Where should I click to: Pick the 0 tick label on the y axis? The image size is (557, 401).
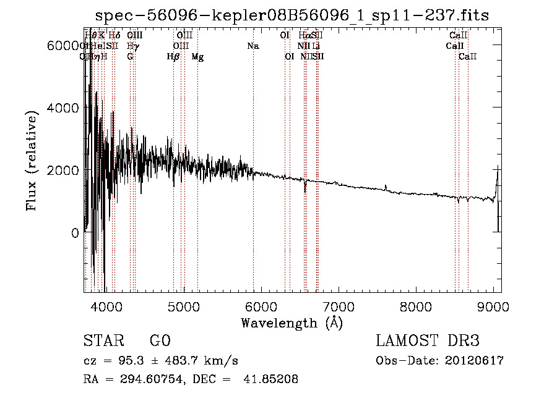click(x=74, y=233)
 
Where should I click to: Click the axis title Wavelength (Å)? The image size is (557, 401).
click(x=292, y=323)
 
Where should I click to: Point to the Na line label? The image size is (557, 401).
click(x=253, y=46)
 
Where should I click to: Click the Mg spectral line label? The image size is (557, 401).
click(x=197, y=57)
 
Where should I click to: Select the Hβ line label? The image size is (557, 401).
click(x=173, y=57)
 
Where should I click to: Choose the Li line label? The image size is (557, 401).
click(x=316, y=46)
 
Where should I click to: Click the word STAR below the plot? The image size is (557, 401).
click(x=103, y=341)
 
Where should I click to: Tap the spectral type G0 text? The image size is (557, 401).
click(x=160, y=341)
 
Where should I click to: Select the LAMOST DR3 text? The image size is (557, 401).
click(x=428, y=341)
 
